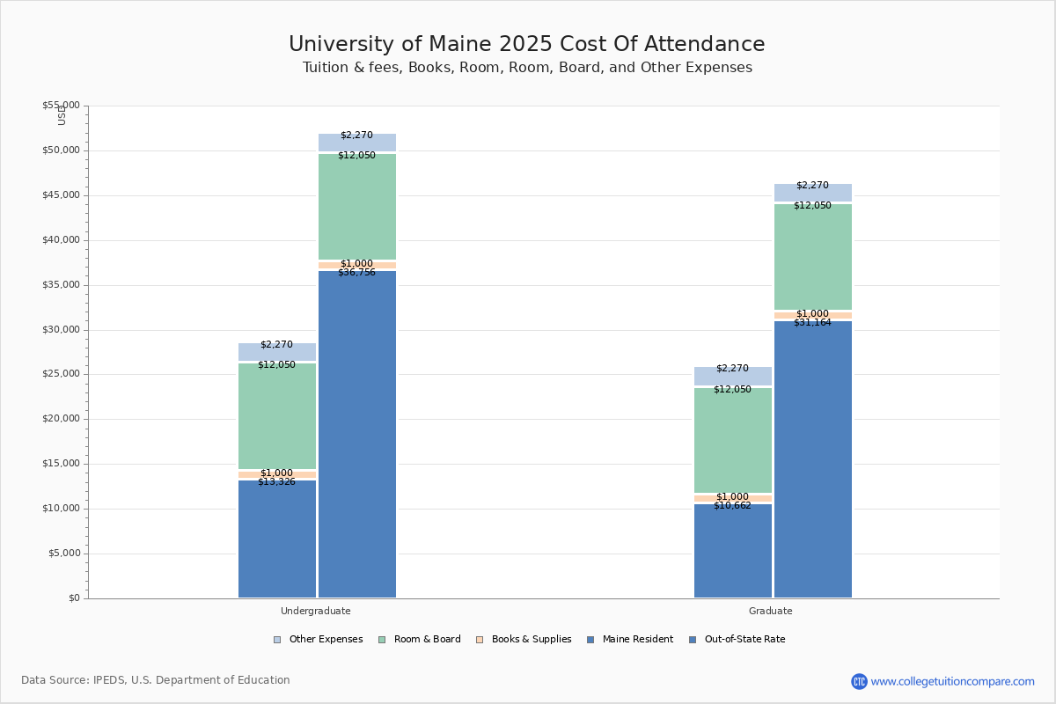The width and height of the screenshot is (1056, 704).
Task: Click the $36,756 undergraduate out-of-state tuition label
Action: [x=356, y=273]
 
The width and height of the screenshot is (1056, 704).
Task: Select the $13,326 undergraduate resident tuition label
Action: [x=276, y=482]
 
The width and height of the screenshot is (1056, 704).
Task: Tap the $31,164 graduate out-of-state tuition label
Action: [x=812, y=323]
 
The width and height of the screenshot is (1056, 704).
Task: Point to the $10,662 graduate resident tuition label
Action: [x=732, y=506]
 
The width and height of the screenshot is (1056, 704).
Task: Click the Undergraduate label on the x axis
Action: [x=316, y=611]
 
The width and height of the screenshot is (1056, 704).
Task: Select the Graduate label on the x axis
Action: [x=771, y=611]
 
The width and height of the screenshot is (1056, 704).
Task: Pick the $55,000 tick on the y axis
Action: [x=61, y=106]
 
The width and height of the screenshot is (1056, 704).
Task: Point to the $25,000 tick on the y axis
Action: [x=61, y=374]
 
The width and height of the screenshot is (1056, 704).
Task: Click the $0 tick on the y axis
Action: [x=73, y=598]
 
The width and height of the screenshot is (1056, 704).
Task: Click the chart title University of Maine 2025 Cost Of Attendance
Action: [x=527, y=45]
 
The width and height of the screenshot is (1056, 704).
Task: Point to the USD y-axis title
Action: [x=62, y=115]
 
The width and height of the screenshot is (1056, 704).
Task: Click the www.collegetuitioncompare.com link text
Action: [x=952, y=681]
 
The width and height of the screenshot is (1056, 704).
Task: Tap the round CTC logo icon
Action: [x=859, y=681]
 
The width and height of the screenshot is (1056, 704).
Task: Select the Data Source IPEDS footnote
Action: [x=156, y=680]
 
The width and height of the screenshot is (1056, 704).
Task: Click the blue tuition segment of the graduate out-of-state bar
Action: [x=813, y=458]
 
